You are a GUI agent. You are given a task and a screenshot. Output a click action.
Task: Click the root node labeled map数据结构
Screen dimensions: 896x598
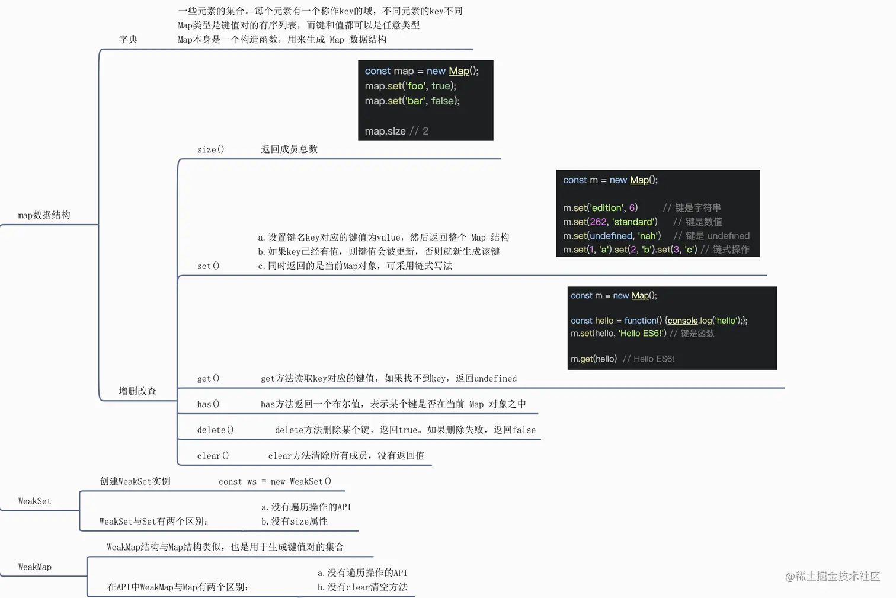(x=44, y=215)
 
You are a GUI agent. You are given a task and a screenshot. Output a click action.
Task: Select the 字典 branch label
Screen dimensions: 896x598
(x=128, y=40)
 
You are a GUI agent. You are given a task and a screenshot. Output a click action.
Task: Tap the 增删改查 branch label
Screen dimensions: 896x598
(x=137, y=391)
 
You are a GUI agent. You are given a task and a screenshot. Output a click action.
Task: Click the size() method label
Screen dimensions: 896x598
(x=211, y=149)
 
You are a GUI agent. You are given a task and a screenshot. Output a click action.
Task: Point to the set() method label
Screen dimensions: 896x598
(x=209, y=266)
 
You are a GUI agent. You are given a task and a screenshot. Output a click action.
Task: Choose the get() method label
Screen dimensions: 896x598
(x=209, y=378)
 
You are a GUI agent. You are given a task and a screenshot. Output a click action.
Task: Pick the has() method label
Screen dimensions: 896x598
(x=209, y=404)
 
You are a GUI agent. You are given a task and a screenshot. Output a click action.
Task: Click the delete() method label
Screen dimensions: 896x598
(x=215, y=430)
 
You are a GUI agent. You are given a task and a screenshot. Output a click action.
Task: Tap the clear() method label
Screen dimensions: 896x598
(x=213, y=456)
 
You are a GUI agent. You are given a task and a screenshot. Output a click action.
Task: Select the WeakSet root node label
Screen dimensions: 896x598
(x=35, y=501)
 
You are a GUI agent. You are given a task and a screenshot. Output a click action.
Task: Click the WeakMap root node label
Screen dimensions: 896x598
(x=35, y=567)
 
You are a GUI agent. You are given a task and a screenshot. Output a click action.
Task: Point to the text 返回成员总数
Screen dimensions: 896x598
(x=289, y=149)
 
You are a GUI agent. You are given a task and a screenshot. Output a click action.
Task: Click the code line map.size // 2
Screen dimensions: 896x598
(x=396, y=131)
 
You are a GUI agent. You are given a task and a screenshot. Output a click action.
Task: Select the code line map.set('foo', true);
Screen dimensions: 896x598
(x=411, y=86)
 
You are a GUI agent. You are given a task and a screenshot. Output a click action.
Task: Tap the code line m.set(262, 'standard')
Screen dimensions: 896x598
(x=610, y=222)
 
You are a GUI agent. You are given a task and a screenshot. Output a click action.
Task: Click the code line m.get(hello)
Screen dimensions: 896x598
(x=594, y=359)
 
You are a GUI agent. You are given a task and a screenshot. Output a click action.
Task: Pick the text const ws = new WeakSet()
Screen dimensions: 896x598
(x=275, y=482)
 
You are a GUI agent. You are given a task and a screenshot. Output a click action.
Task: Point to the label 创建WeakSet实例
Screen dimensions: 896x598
(x=135, y=481)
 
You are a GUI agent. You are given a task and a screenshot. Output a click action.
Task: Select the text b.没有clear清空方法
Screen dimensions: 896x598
(x=363, y=587)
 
